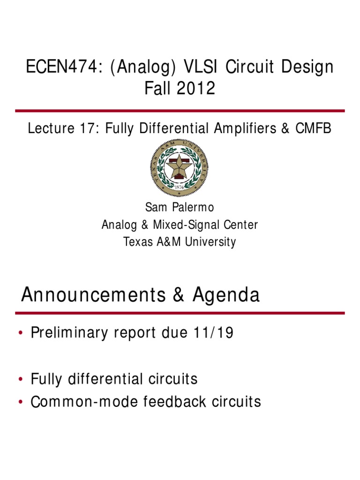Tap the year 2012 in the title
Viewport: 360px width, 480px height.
(196, 88)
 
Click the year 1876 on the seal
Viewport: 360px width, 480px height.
(179, 187)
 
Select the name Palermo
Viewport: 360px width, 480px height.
(193, 208)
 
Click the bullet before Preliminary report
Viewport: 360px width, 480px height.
(21, 333)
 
